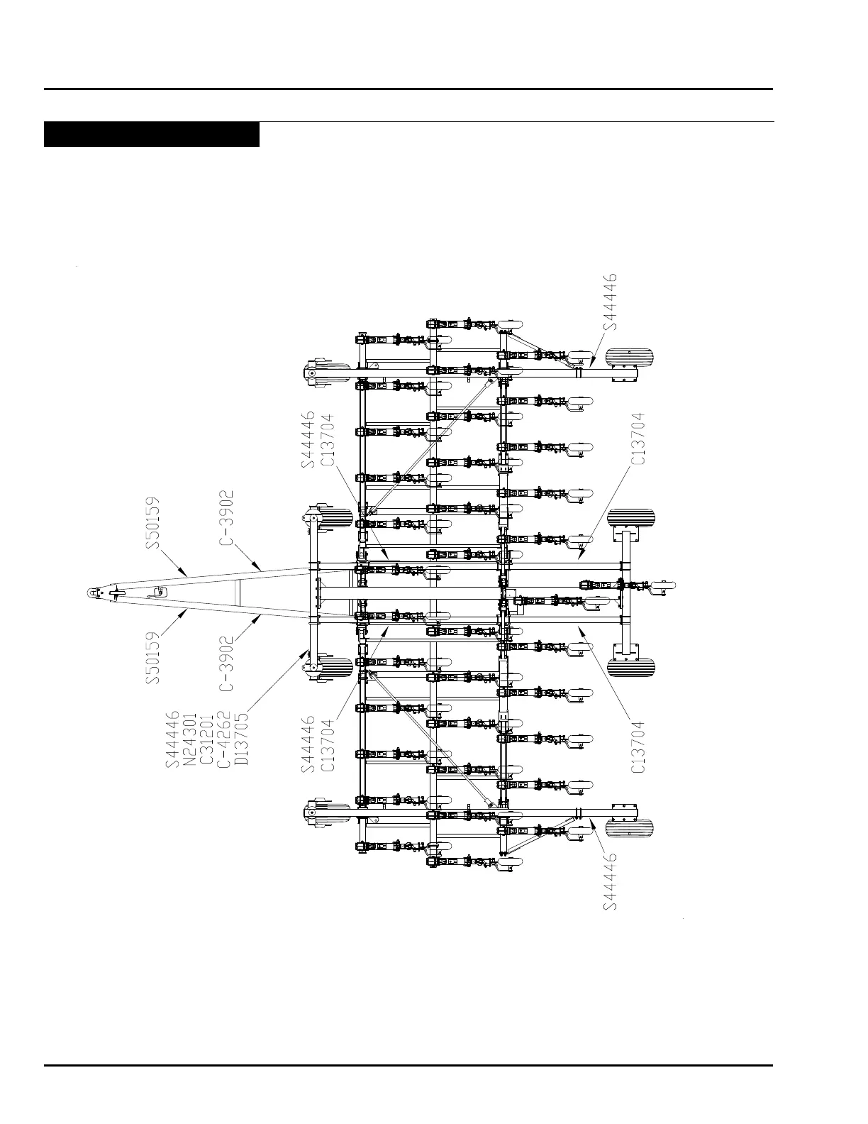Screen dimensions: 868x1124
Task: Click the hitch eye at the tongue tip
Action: click(94, 593)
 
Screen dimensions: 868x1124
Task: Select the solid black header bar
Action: click(151, 135)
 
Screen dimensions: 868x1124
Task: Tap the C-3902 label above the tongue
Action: click(226, 518)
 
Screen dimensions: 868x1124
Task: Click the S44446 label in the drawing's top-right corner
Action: click(610, 302)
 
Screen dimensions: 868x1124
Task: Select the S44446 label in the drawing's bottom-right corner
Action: click(610, 881)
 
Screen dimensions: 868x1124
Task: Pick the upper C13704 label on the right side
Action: click(639, 439)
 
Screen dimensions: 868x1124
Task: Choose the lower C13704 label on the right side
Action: click(639, 746)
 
